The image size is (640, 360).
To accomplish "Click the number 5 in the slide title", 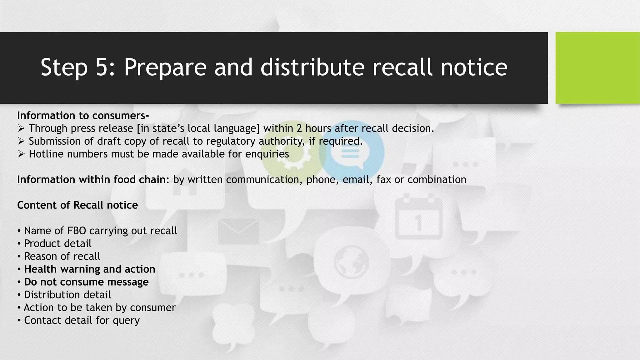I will pos(102,67).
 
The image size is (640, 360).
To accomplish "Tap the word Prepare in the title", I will pos(165,68).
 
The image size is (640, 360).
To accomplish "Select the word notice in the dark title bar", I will pos(474,67).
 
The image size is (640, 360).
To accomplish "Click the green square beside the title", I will pos(597,68).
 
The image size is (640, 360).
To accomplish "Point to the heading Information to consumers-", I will pos(83,116).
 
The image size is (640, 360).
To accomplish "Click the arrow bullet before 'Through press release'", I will pos(21,128).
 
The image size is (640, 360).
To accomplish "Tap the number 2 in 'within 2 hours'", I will pos(299,128).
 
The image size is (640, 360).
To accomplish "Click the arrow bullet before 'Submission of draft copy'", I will pos(21,141).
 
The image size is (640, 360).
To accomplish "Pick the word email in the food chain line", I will pos(356,180).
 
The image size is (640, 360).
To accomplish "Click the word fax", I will pos(383,180).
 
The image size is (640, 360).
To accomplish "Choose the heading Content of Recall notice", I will pos(77,205).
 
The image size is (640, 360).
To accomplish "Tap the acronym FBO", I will pos(77,231).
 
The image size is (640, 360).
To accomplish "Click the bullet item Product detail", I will pos(57,243).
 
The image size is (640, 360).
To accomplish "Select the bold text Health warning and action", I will pos(89,269).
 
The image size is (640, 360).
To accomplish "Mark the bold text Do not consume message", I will pos(86,282).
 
